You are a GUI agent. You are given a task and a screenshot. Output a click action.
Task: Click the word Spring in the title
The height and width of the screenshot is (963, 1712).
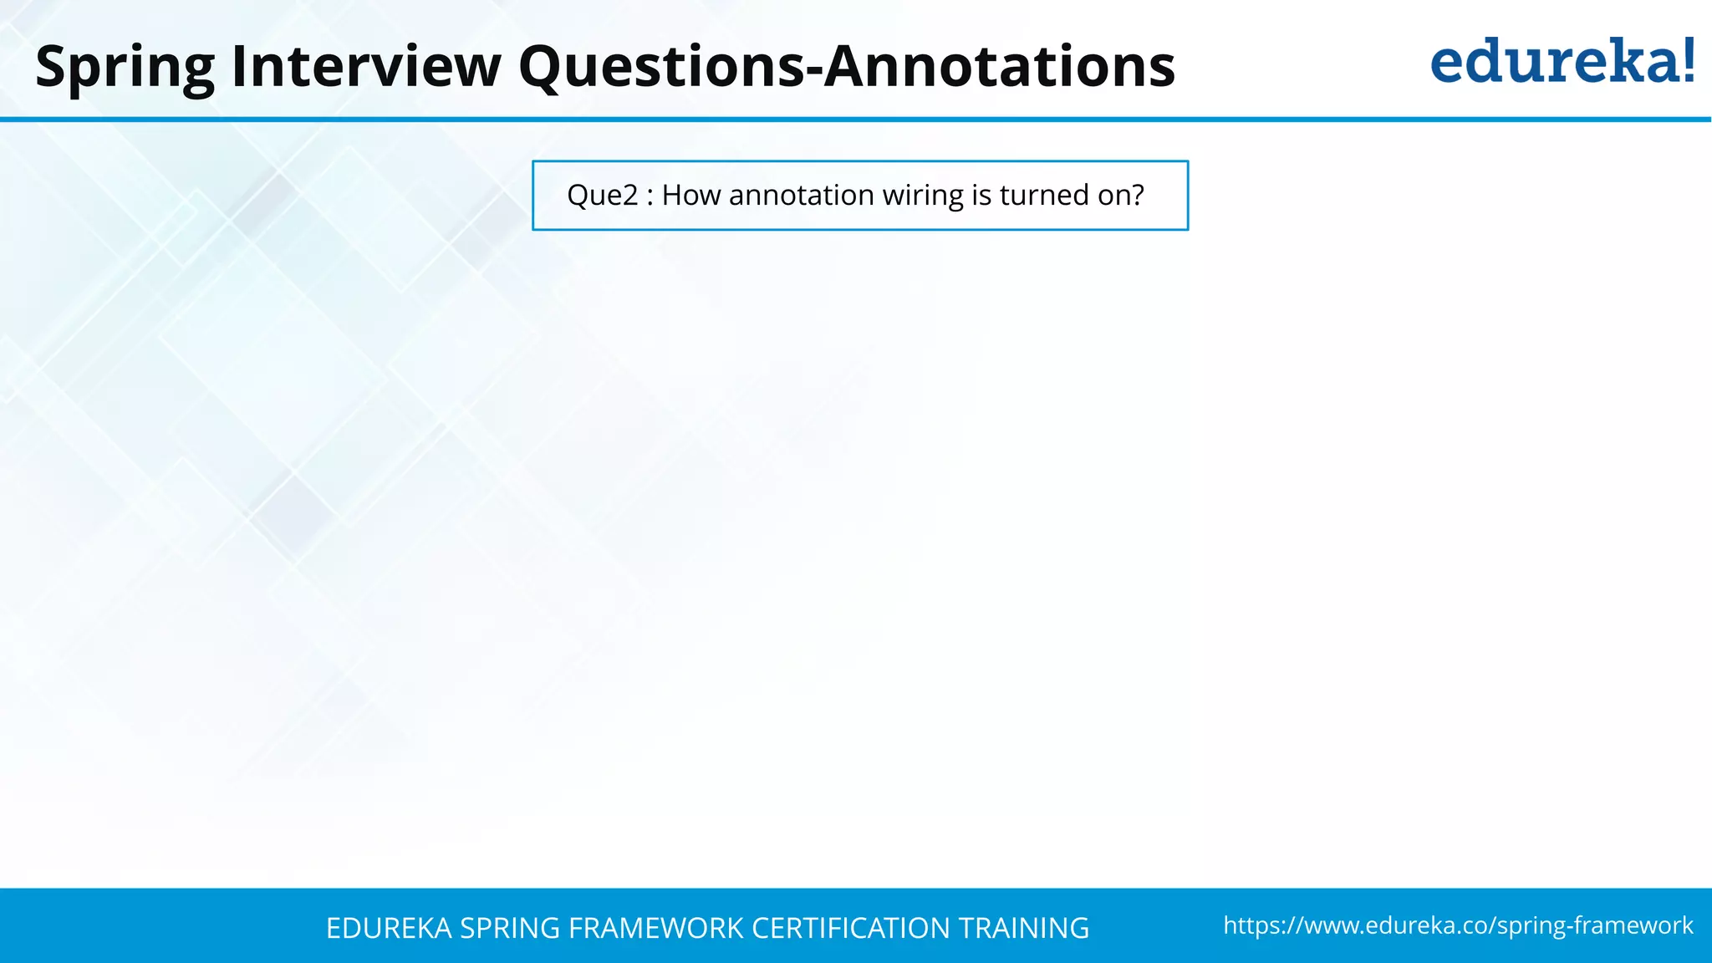125,67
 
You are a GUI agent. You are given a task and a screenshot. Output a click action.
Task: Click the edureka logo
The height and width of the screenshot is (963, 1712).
1562,62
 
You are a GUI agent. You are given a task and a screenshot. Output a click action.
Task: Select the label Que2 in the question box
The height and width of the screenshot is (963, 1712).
602,196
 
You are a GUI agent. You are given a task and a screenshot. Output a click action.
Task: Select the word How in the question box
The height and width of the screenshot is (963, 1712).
691,196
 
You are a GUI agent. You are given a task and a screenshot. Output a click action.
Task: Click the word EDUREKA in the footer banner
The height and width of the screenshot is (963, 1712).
389,928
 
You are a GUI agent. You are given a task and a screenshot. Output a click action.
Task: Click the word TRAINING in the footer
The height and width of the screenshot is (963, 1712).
1023,928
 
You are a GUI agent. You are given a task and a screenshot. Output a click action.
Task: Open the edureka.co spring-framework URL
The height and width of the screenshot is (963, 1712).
1458,925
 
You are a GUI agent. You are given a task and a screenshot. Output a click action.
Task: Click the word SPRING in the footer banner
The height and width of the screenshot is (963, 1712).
510,928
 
